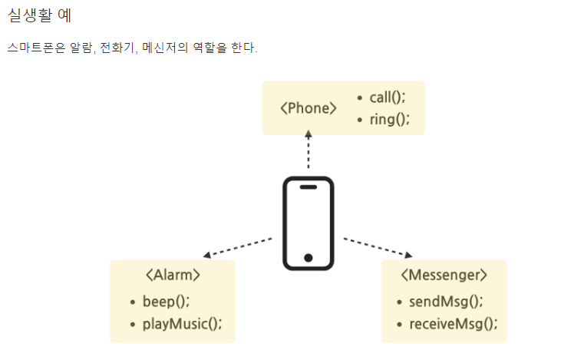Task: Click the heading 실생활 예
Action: (39, 15)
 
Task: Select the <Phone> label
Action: (308, 108)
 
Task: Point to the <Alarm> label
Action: (173, 275)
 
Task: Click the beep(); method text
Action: (166, 301)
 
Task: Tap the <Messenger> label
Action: (444, 275)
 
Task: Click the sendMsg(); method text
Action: (446, 301)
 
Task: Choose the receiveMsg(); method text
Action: (453, 323)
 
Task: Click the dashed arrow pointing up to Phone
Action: (308, 150)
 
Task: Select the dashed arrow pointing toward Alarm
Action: (237, 247)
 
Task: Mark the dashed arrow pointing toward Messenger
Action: (378, 247)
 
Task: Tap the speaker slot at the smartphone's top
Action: (308, 187)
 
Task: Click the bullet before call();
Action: (361, 98)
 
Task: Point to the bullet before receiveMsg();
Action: (399, 324)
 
